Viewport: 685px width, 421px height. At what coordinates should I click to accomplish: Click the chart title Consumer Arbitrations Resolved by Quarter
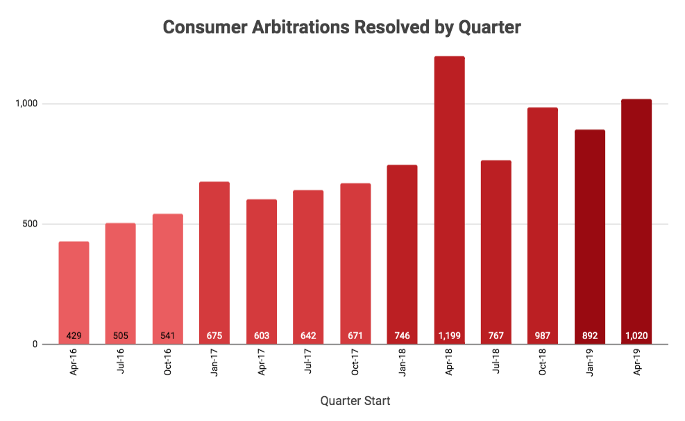click(341, 28)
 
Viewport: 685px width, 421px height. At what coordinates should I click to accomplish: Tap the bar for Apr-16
click(74, 292)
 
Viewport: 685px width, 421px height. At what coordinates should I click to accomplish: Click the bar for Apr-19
click(636, 222)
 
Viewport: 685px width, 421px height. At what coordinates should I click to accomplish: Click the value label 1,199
click(449, 336)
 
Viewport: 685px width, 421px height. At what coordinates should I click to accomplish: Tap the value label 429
click(74, 336)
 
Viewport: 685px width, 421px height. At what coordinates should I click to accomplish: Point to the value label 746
click(402, 336)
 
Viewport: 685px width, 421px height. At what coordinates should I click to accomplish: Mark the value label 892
click(590, 336)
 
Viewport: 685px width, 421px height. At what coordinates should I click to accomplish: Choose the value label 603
click(262, 336)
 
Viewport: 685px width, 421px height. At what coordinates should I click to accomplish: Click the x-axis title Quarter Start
click(355, 401)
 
